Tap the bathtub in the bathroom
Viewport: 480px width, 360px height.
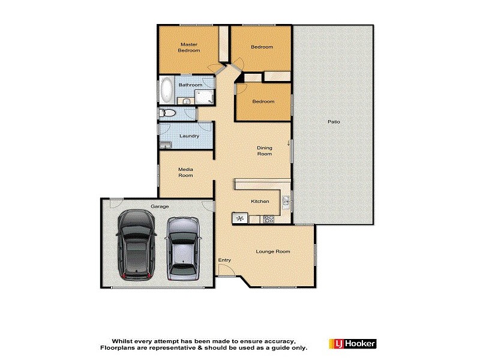click(x=167, y=91)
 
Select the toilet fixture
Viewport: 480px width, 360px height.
click(x=167, y=113)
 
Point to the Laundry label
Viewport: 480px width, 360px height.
click(x=189, y=136)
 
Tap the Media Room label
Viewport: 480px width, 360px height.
click(x=185, y=172)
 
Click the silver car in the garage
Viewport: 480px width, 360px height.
click(x=183, y=248)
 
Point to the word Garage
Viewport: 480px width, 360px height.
click(x=159, y=206)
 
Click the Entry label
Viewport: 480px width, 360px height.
click(x=224, y=260)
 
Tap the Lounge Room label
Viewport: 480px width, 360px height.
click(x=273, y=251)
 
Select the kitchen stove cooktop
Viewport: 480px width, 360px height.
click(x=268, y=218)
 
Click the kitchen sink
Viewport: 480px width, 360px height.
click(x=286, y=202)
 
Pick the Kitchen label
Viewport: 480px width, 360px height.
click(x=260, y=202)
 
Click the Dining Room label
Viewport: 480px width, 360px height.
click(x=265, y=151)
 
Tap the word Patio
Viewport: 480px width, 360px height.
click(x=334, y=122)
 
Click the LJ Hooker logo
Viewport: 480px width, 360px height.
click(x=352, y=344)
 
